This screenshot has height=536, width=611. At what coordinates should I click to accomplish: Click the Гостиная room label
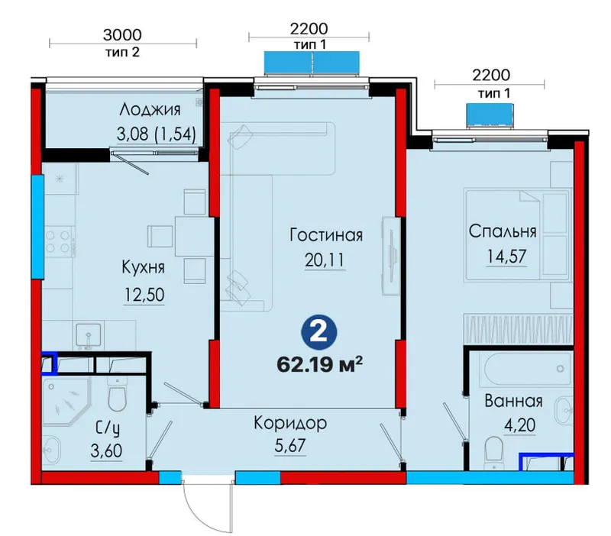[x=326, y=235]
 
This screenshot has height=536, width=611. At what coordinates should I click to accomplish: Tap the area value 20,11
[x=325, y=260]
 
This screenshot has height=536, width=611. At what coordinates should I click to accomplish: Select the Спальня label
[x=503, y=231]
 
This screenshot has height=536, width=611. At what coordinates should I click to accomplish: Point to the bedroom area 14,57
[x=506, y=257]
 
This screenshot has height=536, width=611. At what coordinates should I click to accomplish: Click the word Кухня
[x=143, y=267]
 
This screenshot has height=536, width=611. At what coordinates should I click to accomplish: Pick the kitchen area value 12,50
[x=144, y=295]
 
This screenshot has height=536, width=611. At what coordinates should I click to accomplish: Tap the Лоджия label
[x=150, y=110]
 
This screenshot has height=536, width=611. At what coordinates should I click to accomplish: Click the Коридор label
[x=290, y=423]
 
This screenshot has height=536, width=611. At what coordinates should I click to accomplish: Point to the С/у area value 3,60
[x=106, y=451]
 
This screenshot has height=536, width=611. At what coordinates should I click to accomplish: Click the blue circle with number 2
[x=318, y=334]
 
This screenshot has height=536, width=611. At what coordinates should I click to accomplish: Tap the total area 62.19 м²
[x=319, y=366]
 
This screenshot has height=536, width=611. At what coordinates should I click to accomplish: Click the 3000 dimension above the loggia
[x=122, y=35]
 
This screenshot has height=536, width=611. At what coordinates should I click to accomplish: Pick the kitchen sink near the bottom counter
[x=89, y=334]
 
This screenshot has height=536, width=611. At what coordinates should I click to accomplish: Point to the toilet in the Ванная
[x=493, y=452]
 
